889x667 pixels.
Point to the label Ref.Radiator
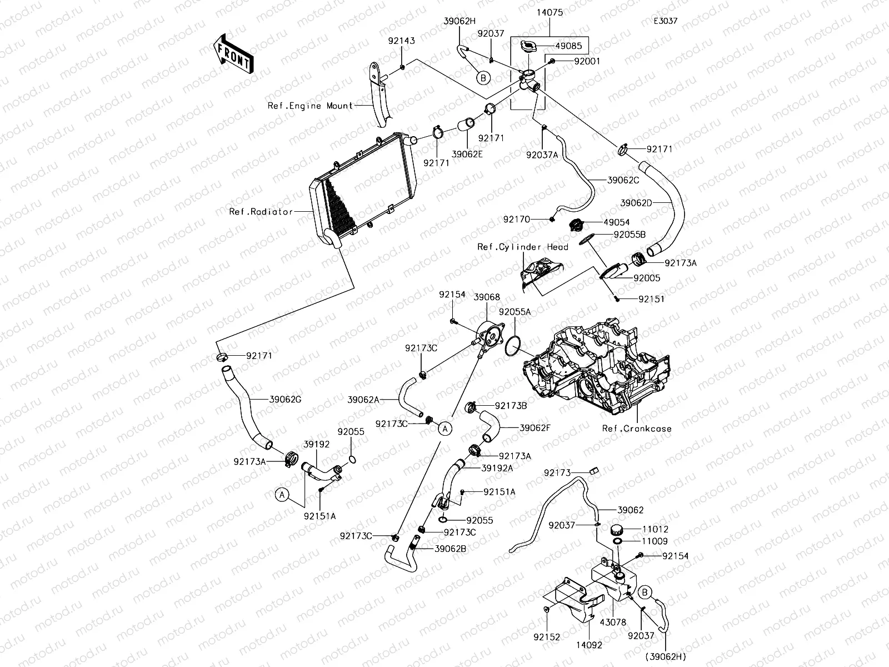tap(261, 212)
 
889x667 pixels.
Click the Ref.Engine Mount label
tap(310, 106)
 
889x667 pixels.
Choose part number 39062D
tap(636, 203)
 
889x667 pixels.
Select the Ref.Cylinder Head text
tap(523, 247)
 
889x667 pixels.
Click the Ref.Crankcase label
tap(637, 429)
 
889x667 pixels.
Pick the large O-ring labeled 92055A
tap(513, 347)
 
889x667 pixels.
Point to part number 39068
tap(487, 297)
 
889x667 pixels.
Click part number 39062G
tap(285, 399)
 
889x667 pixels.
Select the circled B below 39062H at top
tap(483, 78)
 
